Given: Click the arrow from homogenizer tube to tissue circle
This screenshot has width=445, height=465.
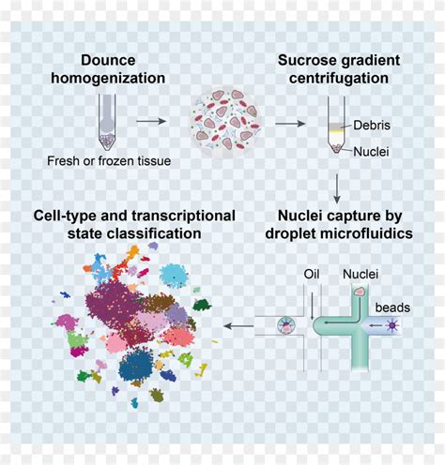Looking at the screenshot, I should click(152, 121).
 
